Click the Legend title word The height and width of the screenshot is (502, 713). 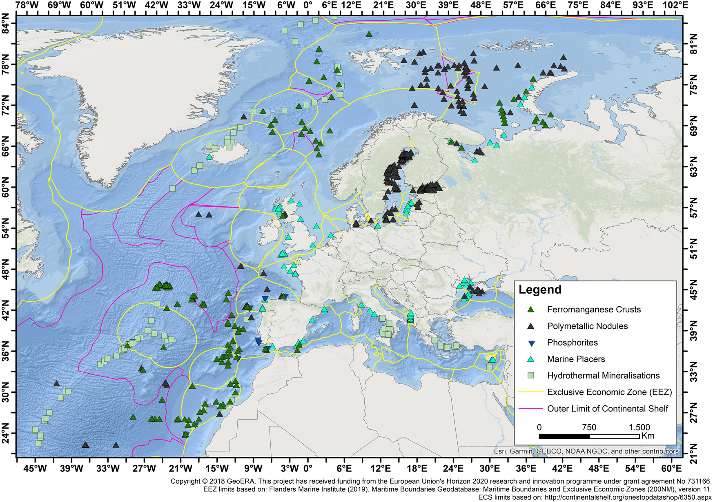click(x=540, y=290)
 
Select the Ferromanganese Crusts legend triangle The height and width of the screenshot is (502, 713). click(x=531, y=310)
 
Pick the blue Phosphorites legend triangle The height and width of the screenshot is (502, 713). click(x=531, y=343)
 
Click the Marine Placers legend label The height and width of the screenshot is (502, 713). click(x=576, y=359)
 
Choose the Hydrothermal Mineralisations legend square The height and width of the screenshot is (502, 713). click(x=531, y=376)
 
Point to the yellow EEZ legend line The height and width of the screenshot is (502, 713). click(x=530, y=392)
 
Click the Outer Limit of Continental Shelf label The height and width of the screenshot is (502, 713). click(x=608, y=409)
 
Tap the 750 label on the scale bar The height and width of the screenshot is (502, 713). click(x=589, y=427)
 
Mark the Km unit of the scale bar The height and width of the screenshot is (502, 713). click(x=648, y=436)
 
